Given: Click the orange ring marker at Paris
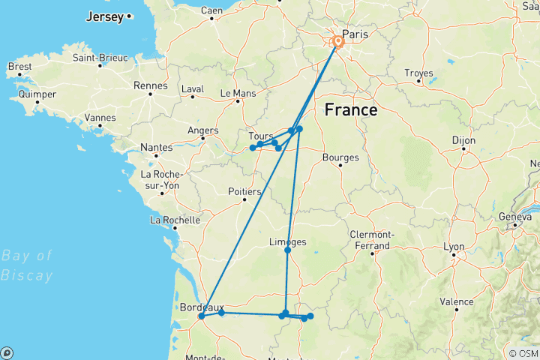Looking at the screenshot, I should point(338,43).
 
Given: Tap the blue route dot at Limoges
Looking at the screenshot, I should point(288,250).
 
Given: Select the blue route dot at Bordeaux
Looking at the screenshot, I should point(202,316).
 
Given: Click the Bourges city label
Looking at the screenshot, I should point(340,157).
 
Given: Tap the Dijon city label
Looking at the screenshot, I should point(464,140).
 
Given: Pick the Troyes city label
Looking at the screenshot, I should point(418,73).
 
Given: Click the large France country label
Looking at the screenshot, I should point(350,110).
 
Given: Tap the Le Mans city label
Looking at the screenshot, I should point(238,94).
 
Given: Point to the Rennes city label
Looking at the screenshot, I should point(151,85).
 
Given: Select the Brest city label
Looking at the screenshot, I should point(19,66).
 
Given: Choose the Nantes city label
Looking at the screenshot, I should point(155,148).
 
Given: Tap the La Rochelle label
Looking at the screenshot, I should point(175,220).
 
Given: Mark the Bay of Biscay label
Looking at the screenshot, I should point(27,265).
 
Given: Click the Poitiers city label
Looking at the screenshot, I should point(243,192).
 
